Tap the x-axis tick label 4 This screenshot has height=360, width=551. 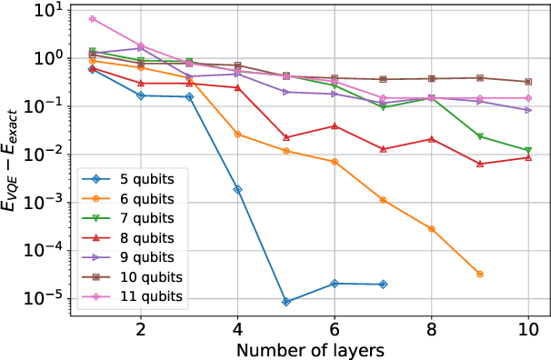click(x=237, y=328)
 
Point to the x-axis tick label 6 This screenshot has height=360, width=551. click(x=335, y=328)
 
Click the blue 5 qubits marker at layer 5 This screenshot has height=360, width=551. click(x=286, y=302)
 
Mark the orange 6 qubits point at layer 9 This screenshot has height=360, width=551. click(x=480, y=274)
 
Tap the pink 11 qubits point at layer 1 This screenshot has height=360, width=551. click(x=93, y=18)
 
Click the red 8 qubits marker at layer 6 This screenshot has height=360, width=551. click(x=335, y=125)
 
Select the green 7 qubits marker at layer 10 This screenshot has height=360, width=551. click(x=528, y=150)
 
